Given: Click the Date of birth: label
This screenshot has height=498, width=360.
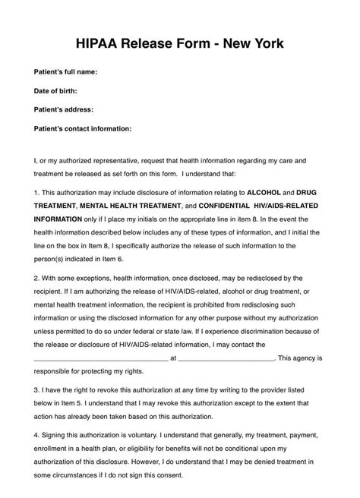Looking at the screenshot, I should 58,91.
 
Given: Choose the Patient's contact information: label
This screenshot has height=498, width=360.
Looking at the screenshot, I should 83,128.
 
